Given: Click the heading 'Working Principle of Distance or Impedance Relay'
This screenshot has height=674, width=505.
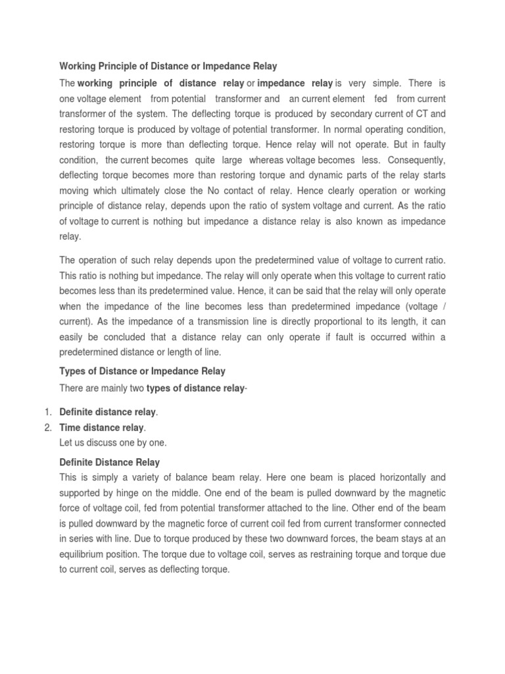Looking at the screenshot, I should (168, 66).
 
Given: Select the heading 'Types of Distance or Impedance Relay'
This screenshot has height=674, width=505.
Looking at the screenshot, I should (142, 371).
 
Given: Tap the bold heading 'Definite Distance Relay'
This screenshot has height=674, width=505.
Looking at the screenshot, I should (109, 462).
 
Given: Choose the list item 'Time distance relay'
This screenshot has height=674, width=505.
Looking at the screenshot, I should (102, 428).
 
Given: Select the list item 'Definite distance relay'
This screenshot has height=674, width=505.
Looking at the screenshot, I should (108, 412).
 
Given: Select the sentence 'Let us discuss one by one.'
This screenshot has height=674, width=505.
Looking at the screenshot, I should (112, 443).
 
